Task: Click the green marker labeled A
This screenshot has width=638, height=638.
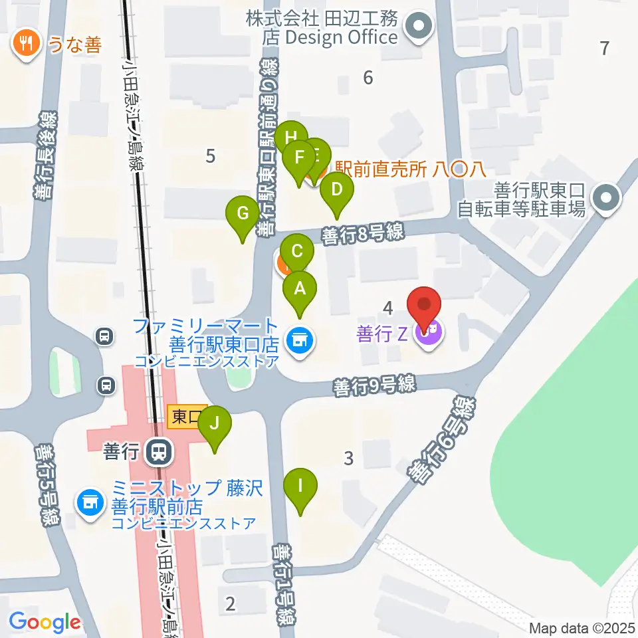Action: [x=300, y=289]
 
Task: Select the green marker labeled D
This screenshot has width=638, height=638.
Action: [x=337, y=190]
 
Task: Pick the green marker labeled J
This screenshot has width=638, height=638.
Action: [x=215, y=423]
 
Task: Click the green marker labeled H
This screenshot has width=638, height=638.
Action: [x=291, y=138]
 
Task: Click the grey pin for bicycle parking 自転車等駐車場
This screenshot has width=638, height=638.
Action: [x=605, y=197]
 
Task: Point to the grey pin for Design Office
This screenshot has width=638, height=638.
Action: [x=419, y=27]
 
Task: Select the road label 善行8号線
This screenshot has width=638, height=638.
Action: [x=362, y=233]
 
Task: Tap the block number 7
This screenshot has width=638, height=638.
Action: [x=603, y=48]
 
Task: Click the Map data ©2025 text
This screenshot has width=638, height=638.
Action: [x=582, y=627]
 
